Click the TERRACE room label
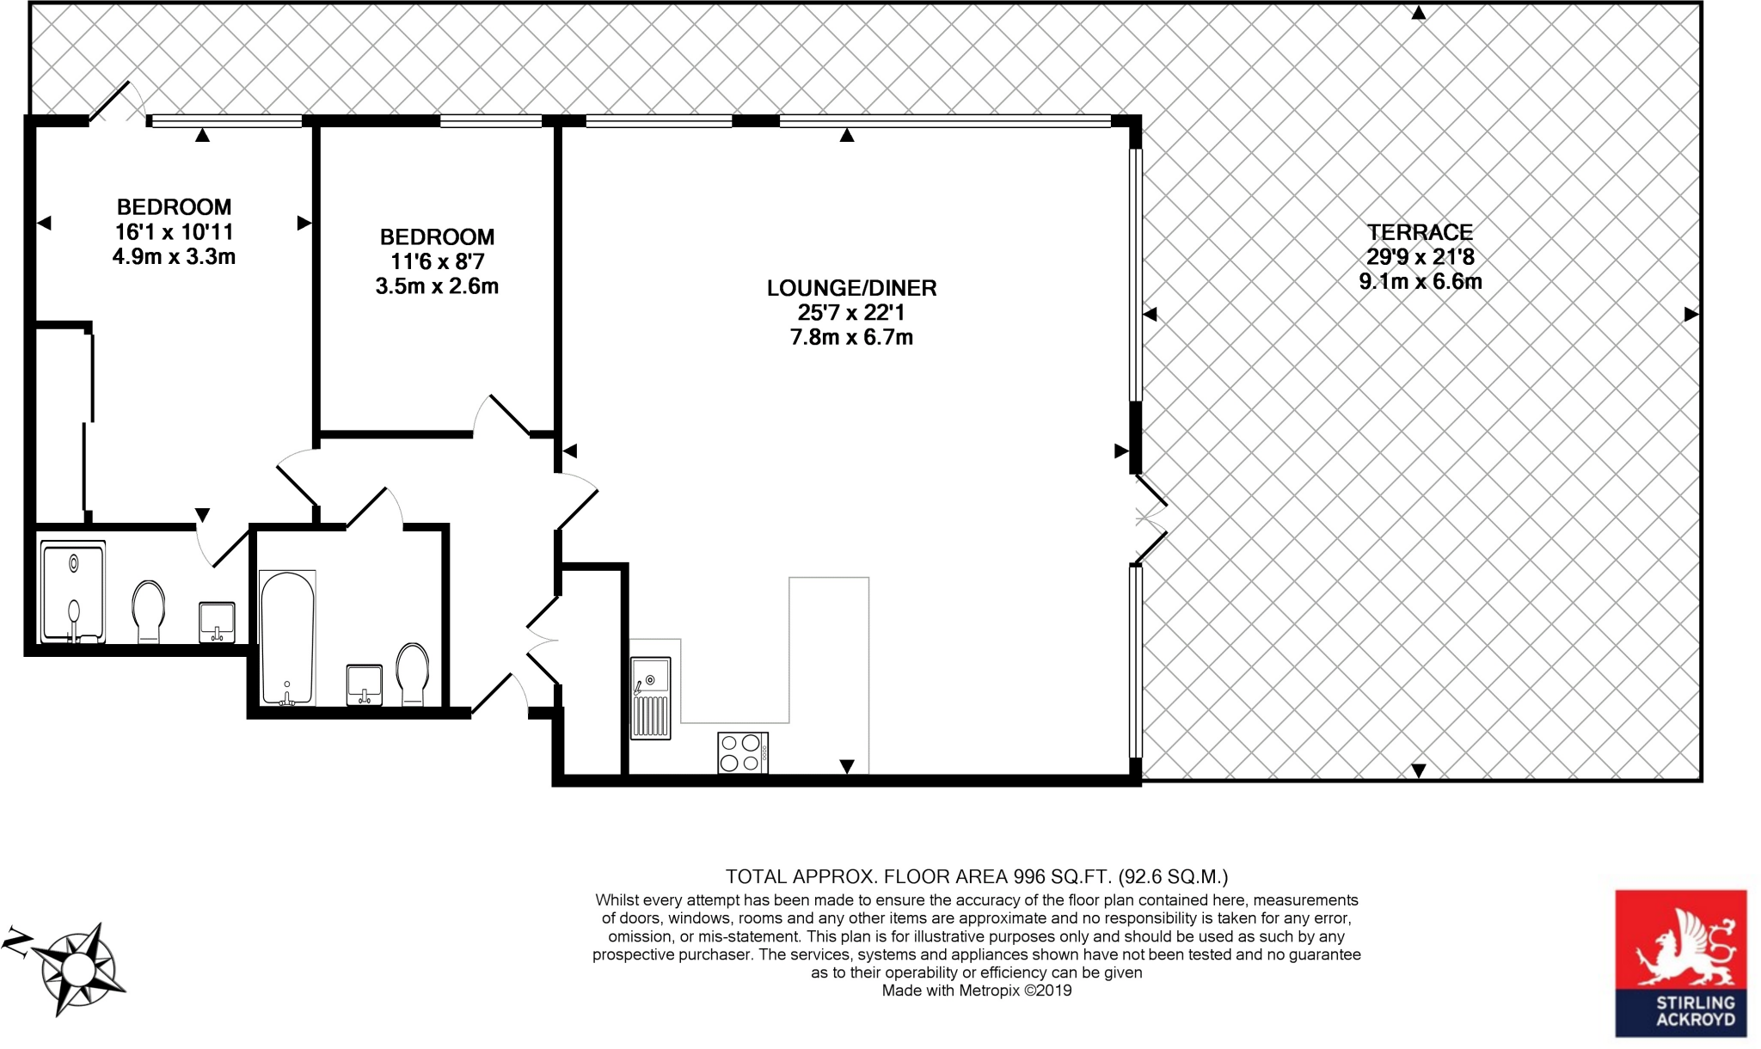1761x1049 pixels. pos(1420,232)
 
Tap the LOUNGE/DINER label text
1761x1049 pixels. pos(851,288)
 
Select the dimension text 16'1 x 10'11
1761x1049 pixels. pos(174,231)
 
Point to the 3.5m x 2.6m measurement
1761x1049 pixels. pos(437,286)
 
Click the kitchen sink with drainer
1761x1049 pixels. pos(650,697)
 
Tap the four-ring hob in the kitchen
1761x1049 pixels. pos(742,752)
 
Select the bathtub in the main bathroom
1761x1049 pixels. pos(287,638)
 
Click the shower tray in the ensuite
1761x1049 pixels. pos(73,592)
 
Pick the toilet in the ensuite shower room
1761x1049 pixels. pos(149,610)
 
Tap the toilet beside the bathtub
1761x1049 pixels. pos(413,674)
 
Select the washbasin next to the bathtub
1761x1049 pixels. pos(365,684)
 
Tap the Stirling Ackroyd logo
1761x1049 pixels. pos(1680,963)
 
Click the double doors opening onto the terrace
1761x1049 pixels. pos(1150,518)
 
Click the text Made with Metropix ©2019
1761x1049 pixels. pos(977,991)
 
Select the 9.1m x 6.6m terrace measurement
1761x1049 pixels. pos(1420,281)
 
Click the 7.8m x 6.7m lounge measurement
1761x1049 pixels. pos(851,337)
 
